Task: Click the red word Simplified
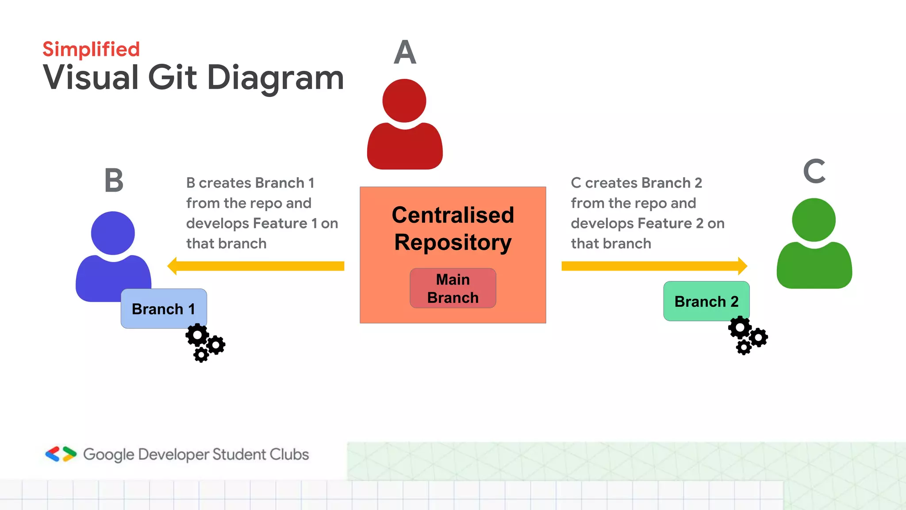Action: click(x=91, y=49)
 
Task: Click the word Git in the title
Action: click(x=172, y=78)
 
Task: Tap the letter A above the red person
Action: click(x=405, y=53)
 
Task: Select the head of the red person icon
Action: click(x=404, y=100)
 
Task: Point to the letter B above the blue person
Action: click(x=114, y=181)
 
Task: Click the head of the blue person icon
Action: click(x=113, y=233)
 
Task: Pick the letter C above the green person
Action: click(x=814, y=171)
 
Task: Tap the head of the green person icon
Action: click(x=814, y=220)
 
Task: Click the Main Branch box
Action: click(x=453, y=288)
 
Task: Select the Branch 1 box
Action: click(x=164, y=309)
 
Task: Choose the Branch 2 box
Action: click(x=706, y=301)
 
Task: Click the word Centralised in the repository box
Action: click(x=453, y=215)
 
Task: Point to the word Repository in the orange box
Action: click(x=453, y=243)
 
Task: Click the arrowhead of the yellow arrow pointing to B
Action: click(x=173, y=266)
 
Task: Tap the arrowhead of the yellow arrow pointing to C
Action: click(x=742, y=266)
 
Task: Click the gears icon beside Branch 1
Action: click(x=205, y=343)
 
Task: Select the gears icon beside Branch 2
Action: click(x=747, y=335)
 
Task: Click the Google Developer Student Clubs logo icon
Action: click(x=61, y=454)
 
